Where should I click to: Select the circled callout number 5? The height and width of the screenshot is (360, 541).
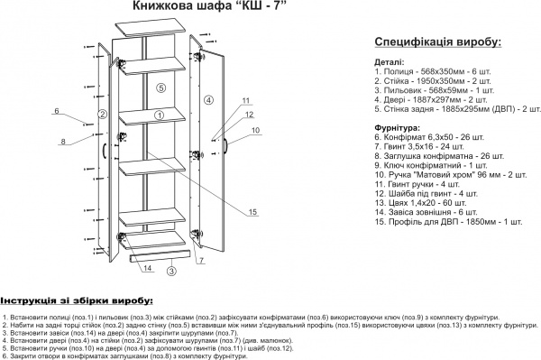160,88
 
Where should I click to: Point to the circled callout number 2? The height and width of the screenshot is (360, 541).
103,115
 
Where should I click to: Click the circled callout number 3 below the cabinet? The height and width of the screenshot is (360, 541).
171,270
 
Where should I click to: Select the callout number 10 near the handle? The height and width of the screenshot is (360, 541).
255,131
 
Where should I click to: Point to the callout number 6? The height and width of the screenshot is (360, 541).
56,111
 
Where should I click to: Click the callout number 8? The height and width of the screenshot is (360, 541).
63,142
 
